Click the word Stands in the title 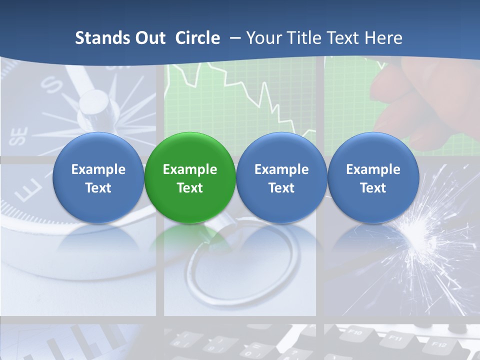click(98, 38)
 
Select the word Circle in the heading click(197, 38)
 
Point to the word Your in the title click(262, 38)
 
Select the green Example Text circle click(190, 177)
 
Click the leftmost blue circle click(98, 177)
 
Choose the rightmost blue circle click(373, 177)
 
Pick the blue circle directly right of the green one click(281, 177)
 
